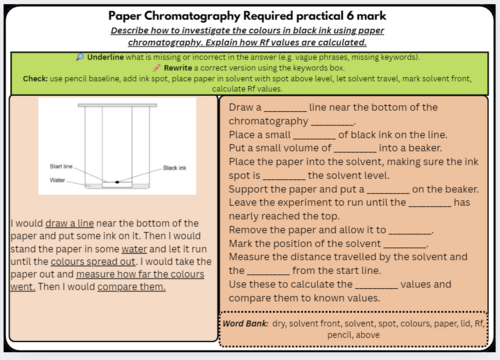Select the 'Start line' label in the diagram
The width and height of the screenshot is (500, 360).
(61, 166)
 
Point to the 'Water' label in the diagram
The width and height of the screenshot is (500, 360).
(58, 180)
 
